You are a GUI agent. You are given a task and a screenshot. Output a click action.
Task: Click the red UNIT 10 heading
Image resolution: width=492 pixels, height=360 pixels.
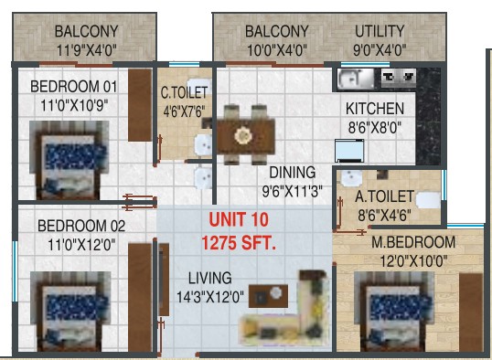tap(239, 219)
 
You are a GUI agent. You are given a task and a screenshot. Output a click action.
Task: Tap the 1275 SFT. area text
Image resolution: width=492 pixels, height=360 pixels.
tap(239, 243)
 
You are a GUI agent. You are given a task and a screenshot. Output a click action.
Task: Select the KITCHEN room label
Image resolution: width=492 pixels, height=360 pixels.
tap(375, 109)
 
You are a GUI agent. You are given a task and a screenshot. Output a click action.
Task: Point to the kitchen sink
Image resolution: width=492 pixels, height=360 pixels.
tap(356, 79)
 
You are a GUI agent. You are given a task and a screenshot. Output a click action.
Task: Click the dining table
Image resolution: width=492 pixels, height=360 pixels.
tap(246, 136)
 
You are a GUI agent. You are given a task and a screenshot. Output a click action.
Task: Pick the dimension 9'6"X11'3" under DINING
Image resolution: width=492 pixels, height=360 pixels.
tap(292, 191)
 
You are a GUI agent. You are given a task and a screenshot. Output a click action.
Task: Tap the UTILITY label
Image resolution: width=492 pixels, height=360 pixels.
tap(380, 31)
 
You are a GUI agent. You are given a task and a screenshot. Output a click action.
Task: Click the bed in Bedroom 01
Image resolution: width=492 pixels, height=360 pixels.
tap(70, 160)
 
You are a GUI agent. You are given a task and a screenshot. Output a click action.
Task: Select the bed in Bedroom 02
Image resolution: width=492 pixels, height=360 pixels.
tap(70, 311)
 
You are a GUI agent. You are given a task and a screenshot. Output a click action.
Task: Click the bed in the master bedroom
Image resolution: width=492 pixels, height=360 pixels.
tap(394, 311)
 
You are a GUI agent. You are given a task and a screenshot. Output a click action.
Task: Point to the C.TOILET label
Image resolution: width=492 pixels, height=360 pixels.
tap(184, 92)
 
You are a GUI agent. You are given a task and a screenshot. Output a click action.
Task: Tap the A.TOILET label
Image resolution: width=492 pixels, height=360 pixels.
tap(384, 196)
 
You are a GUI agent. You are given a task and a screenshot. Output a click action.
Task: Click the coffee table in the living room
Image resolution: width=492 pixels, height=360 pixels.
tap(268, 296)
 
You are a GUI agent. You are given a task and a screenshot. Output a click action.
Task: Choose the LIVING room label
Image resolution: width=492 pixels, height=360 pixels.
tap(210, 278)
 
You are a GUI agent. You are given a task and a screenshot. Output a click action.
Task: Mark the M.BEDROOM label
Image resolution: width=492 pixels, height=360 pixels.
tap(413, 242)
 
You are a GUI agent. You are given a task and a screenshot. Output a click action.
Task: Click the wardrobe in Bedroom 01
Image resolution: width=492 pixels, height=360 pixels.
tap(140, 105)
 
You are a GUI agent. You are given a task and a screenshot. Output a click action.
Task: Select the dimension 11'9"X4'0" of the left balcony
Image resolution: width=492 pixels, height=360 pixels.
tap(87, 50)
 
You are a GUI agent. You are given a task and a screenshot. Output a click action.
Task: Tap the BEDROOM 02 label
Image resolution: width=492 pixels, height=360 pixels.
tap(81, 226)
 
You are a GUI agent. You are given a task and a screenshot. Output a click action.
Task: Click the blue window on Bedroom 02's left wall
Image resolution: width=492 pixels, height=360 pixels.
tap(15, 271)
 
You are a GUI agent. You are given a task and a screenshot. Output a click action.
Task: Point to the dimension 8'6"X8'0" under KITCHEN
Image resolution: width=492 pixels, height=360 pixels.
tap(375, 128)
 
